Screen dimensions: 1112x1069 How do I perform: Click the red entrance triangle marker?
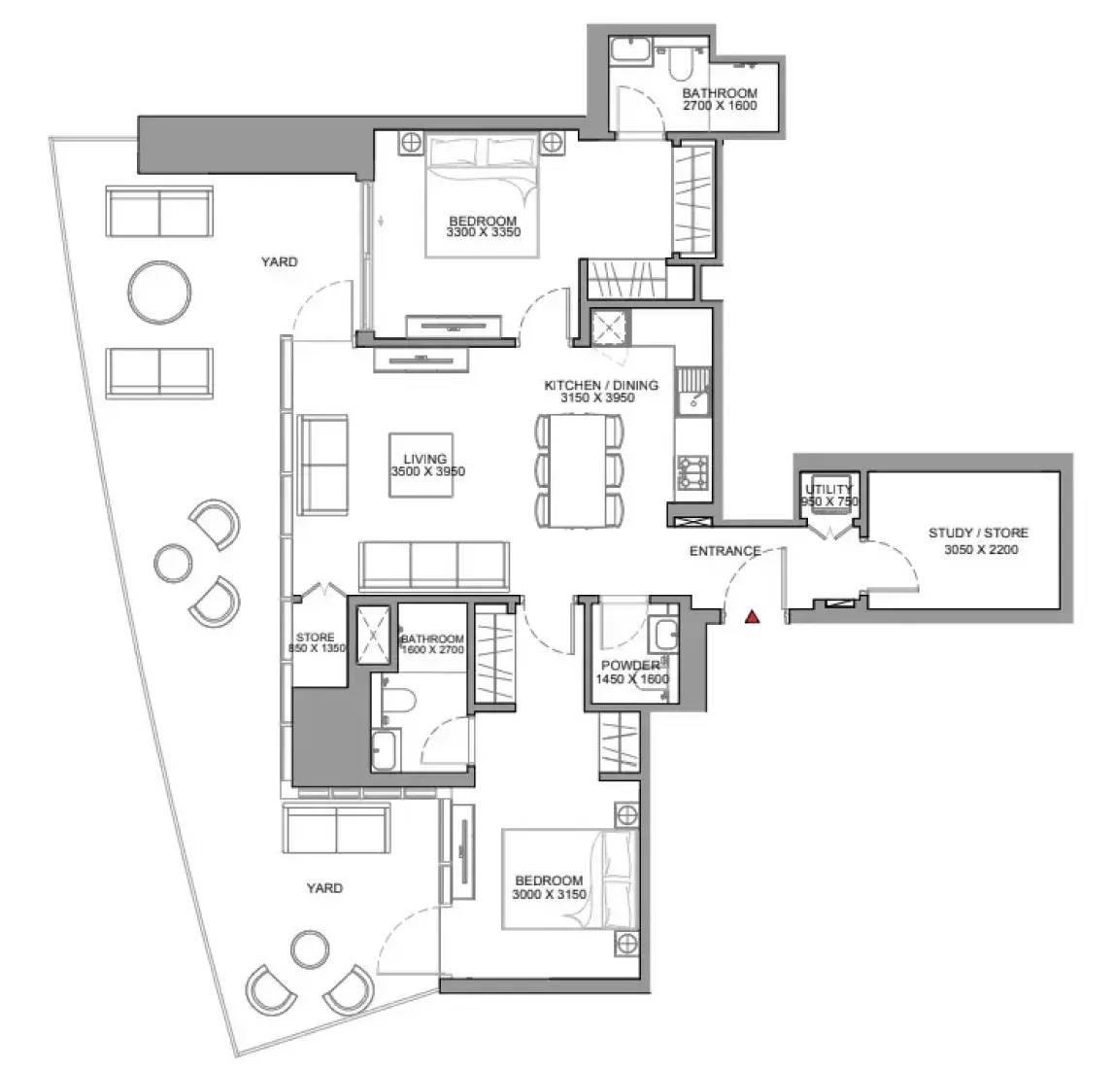click(x=753, y=617)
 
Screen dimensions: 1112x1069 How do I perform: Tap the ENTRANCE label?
click(x=724, y=551)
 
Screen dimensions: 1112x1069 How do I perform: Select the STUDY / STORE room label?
click(x=978, y=534)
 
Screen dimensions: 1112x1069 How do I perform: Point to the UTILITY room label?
click(x=828, y=489)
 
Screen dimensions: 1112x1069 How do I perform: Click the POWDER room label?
click(x=630, y=666)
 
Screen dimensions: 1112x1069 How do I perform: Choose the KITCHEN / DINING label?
click(x=601, y=386)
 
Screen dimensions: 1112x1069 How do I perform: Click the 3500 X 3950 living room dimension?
click(x=427, y=472)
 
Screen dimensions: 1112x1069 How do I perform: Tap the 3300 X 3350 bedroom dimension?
click(x=484, y=232)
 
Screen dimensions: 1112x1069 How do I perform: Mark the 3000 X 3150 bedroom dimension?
click(x=549, y=894)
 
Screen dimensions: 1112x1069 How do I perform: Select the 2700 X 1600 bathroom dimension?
click(x=720, y=106)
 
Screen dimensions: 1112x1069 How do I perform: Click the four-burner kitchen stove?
click(x=692, y=472)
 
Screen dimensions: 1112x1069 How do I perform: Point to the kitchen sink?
click(x=692, y=391)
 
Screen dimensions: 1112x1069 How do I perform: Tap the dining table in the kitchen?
click(x=580, y=471)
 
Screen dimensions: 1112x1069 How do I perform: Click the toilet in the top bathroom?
click(x=680, y=63)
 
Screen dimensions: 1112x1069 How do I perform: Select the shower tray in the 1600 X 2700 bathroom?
click(x=373, y=635)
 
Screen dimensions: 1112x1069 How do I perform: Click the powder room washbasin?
click(x=664, y=634)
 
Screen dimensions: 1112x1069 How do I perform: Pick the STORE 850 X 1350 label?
click(x=317, y=642)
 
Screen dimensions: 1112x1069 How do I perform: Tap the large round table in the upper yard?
click(x=159, y=292)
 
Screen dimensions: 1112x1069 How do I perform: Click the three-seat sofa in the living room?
click(x=434, y=567)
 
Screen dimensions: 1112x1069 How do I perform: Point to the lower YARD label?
click(x=324, y=888)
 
